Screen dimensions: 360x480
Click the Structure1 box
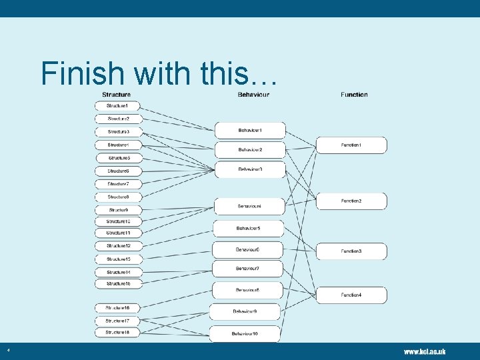point(118,106)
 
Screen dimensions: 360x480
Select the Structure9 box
point(118,210)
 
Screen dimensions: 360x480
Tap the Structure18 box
point(118,332)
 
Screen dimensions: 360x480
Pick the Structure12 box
point(118,246)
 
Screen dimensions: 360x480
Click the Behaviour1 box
point(250,130)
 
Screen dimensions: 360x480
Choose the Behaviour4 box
point(249,207)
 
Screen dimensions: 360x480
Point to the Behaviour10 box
point(245,333)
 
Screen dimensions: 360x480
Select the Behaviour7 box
point(247,269)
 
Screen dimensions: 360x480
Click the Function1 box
point(351,145)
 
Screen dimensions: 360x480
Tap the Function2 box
point(351,201)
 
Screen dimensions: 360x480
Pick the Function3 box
point(351,251)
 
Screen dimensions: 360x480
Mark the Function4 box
point(351,295)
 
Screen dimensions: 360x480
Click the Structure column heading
point(116,95)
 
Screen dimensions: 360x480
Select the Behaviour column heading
point(253,95)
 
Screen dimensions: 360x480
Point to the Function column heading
point(354,95)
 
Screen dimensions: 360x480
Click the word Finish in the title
point(81,73)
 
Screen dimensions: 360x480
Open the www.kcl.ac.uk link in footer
point(424,351)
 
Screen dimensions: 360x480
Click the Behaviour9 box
point(245,311)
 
